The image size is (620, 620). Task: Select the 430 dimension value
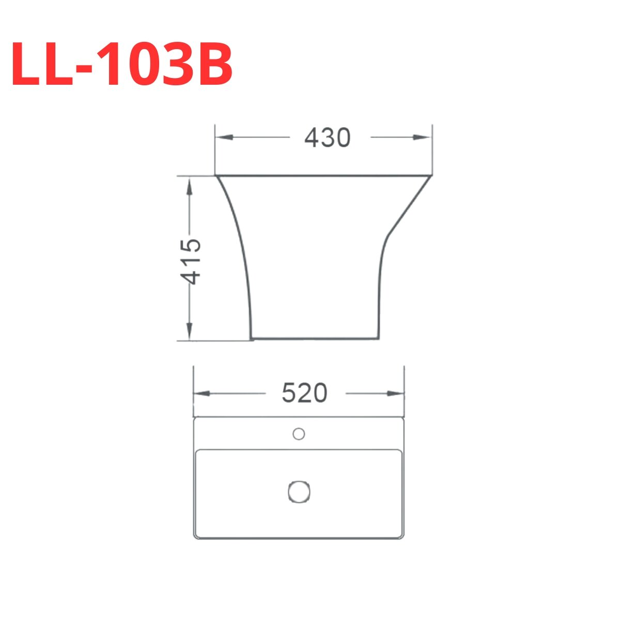pos(328,138)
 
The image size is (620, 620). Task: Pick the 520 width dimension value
pos(305,394)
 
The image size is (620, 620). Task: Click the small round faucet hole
pos(298,434)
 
